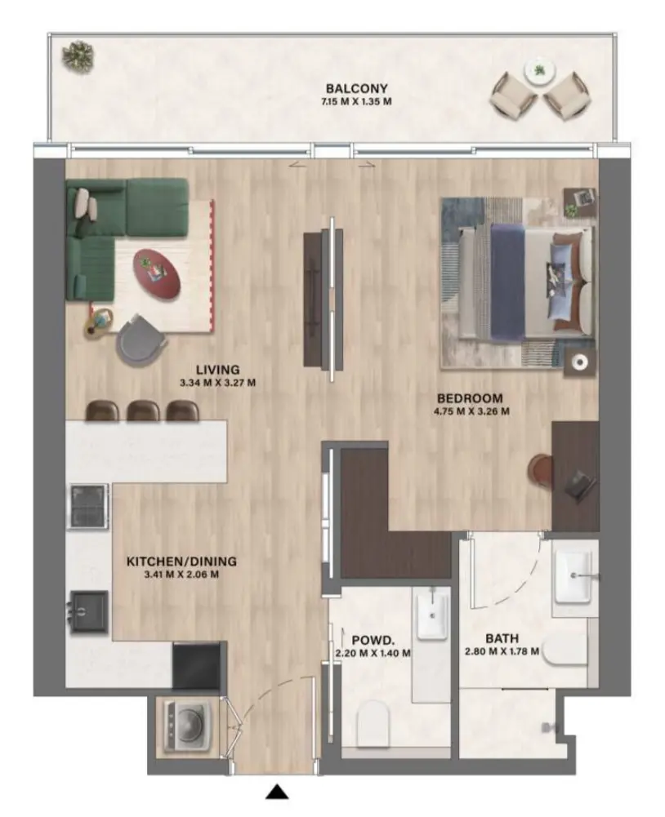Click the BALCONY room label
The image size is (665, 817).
pyautogui.click(x=355, y=89)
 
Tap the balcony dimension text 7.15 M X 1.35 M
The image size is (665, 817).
pyautogui.click(x=355, y=103)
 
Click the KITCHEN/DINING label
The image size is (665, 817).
pyautogui.click(x=181, y=562)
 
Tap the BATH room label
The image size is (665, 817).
pyautogui.click(x=502, y=638)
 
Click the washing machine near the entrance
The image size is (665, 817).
pyautogui.click(x=186, y=723)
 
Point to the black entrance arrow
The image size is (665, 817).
pyautogui.click(x=279, y=791)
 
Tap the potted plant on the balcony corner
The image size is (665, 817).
pyautogui.click(x=79, y=56)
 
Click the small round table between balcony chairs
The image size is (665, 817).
pyautogui.click(x=539, y=72)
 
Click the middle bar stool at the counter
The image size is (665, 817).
pyautogui.click(x=142, y=411)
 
